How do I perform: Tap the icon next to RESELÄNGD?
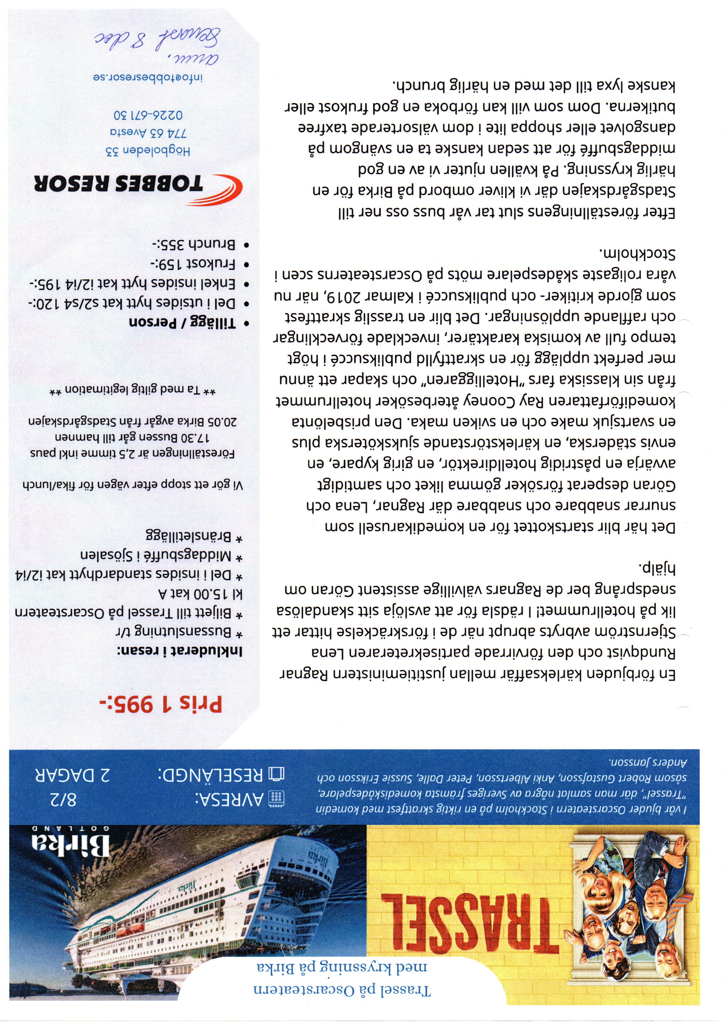click(276, 774)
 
